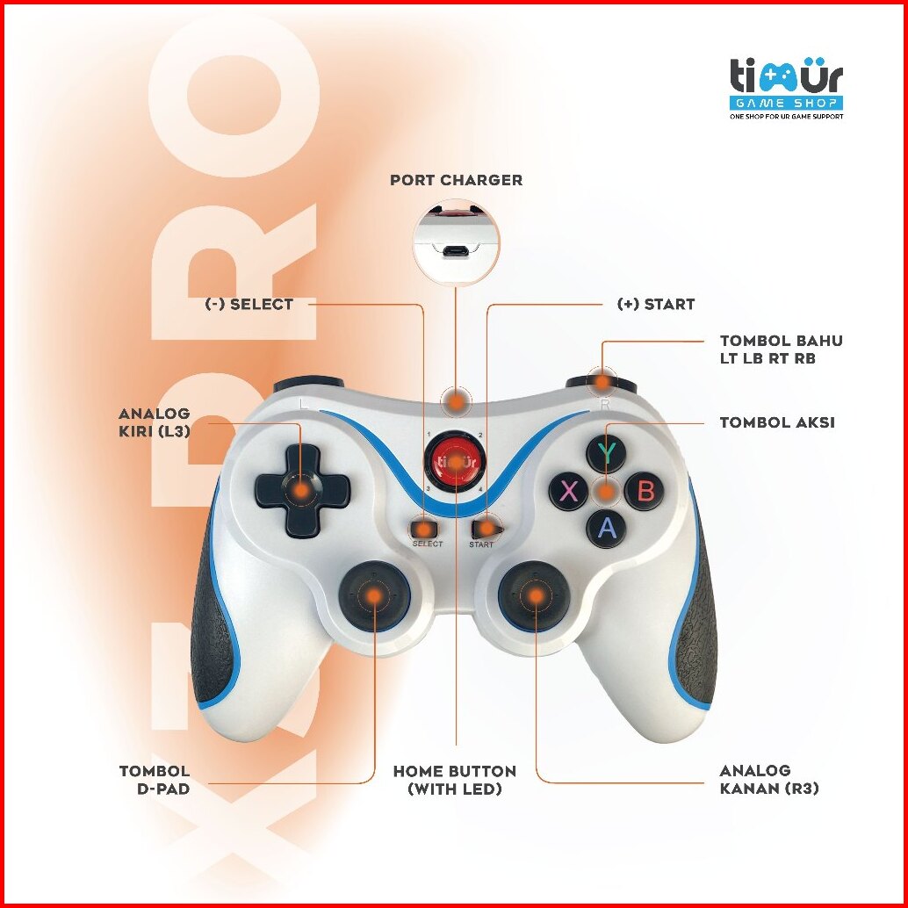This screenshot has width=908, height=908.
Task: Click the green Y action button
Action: click(x=606, y=453)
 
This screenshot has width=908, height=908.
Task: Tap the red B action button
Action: click(x=645, y=491)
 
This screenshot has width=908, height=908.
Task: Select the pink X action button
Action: click(x=569, y=491)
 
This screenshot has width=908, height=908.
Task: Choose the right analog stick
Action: click(x=534, y=595)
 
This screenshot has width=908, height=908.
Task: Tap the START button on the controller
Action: click(x=483, y=529)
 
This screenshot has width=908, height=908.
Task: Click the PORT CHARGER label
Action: click(x=456, y=180)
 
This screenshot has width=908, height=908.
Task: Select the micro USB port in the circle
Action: click(x=455, y=252)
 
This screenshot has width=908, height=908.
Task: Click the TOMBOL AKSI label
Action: click(x=776, y=422)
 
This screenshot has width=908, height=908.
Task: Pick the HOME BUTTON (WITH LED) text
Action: click(x=455, y=780)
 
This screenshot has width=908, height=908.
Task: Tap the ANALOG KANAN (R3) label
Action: click(x=768, y=780)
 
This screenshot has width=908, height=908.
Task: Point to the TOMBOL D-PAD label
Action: click(x=155, y=780)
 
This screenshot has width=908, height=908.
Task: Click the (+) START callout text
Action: click(x=655, y=305)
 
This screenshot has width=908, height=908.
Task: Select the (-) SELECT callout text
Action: click(x=249, y=305)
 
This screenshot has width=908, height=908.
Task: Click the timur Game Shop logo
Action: click(x=786, y=88)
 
